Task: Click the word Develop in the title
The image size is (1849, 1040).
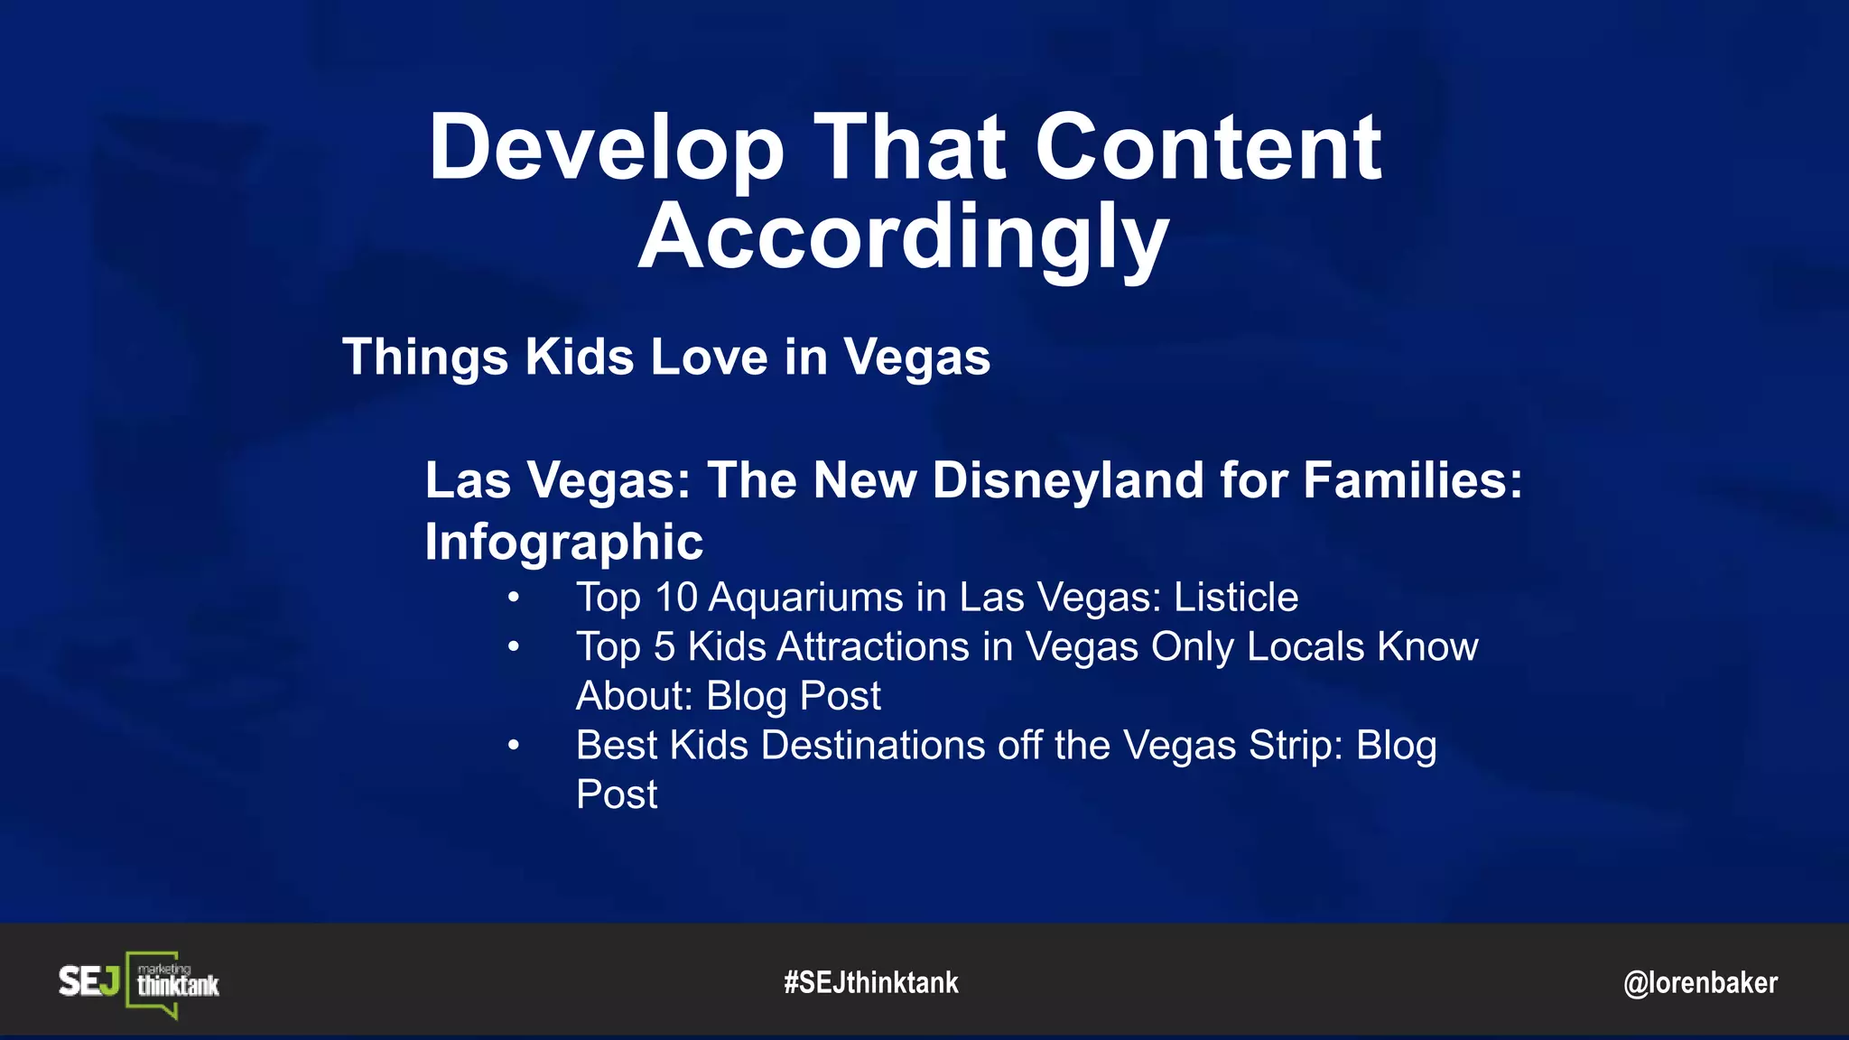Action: [x=607, y=149]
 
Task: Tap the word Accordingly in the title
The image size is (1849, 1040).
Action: [x=904, y=237]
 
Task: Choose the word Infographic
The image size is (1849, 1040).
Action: [x=563, y=542]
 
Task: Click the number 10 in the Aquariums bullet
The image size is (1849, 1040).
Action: [x=676, y=598]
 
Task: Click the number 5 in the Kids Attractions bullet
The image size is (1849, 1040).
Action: [x=664, y=647]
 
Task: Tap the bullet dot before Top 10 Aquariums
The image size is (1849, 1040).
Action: [x=513, y=598]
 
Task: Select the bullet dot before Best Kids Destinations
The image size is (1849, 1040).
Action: [x=513, y=746]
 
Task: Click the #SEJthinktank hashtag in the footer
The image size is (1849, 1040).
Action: [x=871, y=982]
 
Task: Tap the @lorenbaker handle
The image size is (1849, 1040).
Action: [x=1700, y=982]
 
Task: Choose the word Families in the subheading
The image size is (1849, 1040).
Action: [x=1412, y=479]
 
